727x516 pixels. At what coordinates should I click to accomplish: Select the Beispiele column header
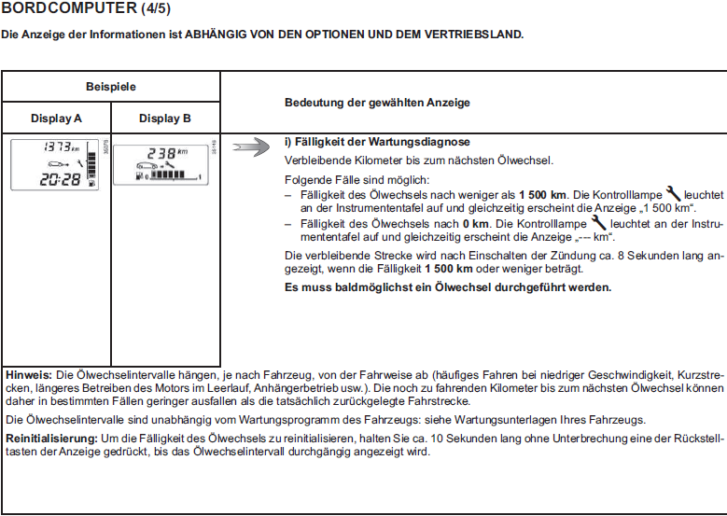coord(110,86)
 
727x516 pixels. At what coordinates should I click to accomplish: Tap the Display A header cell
coord(56,119)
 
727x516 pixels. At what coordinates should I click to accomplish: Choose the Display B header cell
coord(165,119)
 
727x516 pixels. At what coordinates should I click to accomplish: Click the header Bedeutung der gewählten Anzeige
coord(376,102)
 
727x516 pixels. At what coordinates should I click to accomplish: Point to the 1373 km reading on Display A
coord(61,146)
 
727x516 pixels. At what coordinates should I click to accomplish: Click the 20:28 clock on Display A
coord(60,179)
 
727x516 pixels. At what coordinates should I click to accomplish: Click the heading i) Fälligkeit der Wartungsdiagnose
coord(376,142)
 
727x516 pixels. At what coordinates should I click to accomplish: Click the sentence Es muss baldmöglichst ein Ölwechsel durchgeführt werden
coord(447,286)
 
